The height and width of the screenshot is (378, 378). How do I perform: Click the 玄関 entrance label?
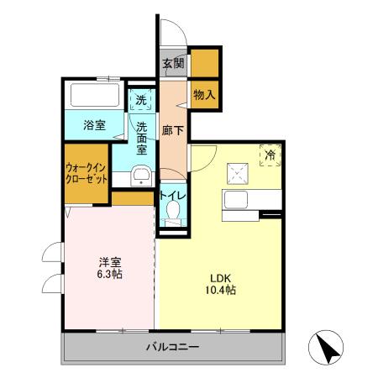pyautogui.click(x=173, y=63)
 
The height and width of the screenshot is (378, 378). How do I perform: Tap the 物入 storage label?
pyautogui.click(x=203, y=94)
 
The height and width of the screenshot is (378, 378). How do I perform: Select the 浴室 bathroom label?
pyautogui.click(x=93, y=126)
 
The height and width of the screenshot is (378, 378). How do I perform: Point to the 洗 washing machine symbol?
pyautogui.click(x=142, y=99)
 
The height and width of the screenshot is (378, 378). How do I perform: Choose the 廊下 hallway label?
pyautogui.click(x=172, y=131)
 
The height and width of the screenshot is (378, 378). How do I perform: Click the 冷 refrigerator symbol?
pyautogui.click(x=270, y=155)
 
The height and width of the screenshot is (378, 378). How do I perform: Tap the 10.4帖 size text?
pyautogui.click(x=220, y=291)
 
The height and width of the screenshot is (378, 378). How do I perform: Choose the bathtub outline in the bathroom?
pyautogui.click(x=97, y=93)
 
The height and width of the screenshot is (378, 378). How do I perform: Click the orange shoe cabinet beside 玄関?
pyautogui.click(x=203, y=63)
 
